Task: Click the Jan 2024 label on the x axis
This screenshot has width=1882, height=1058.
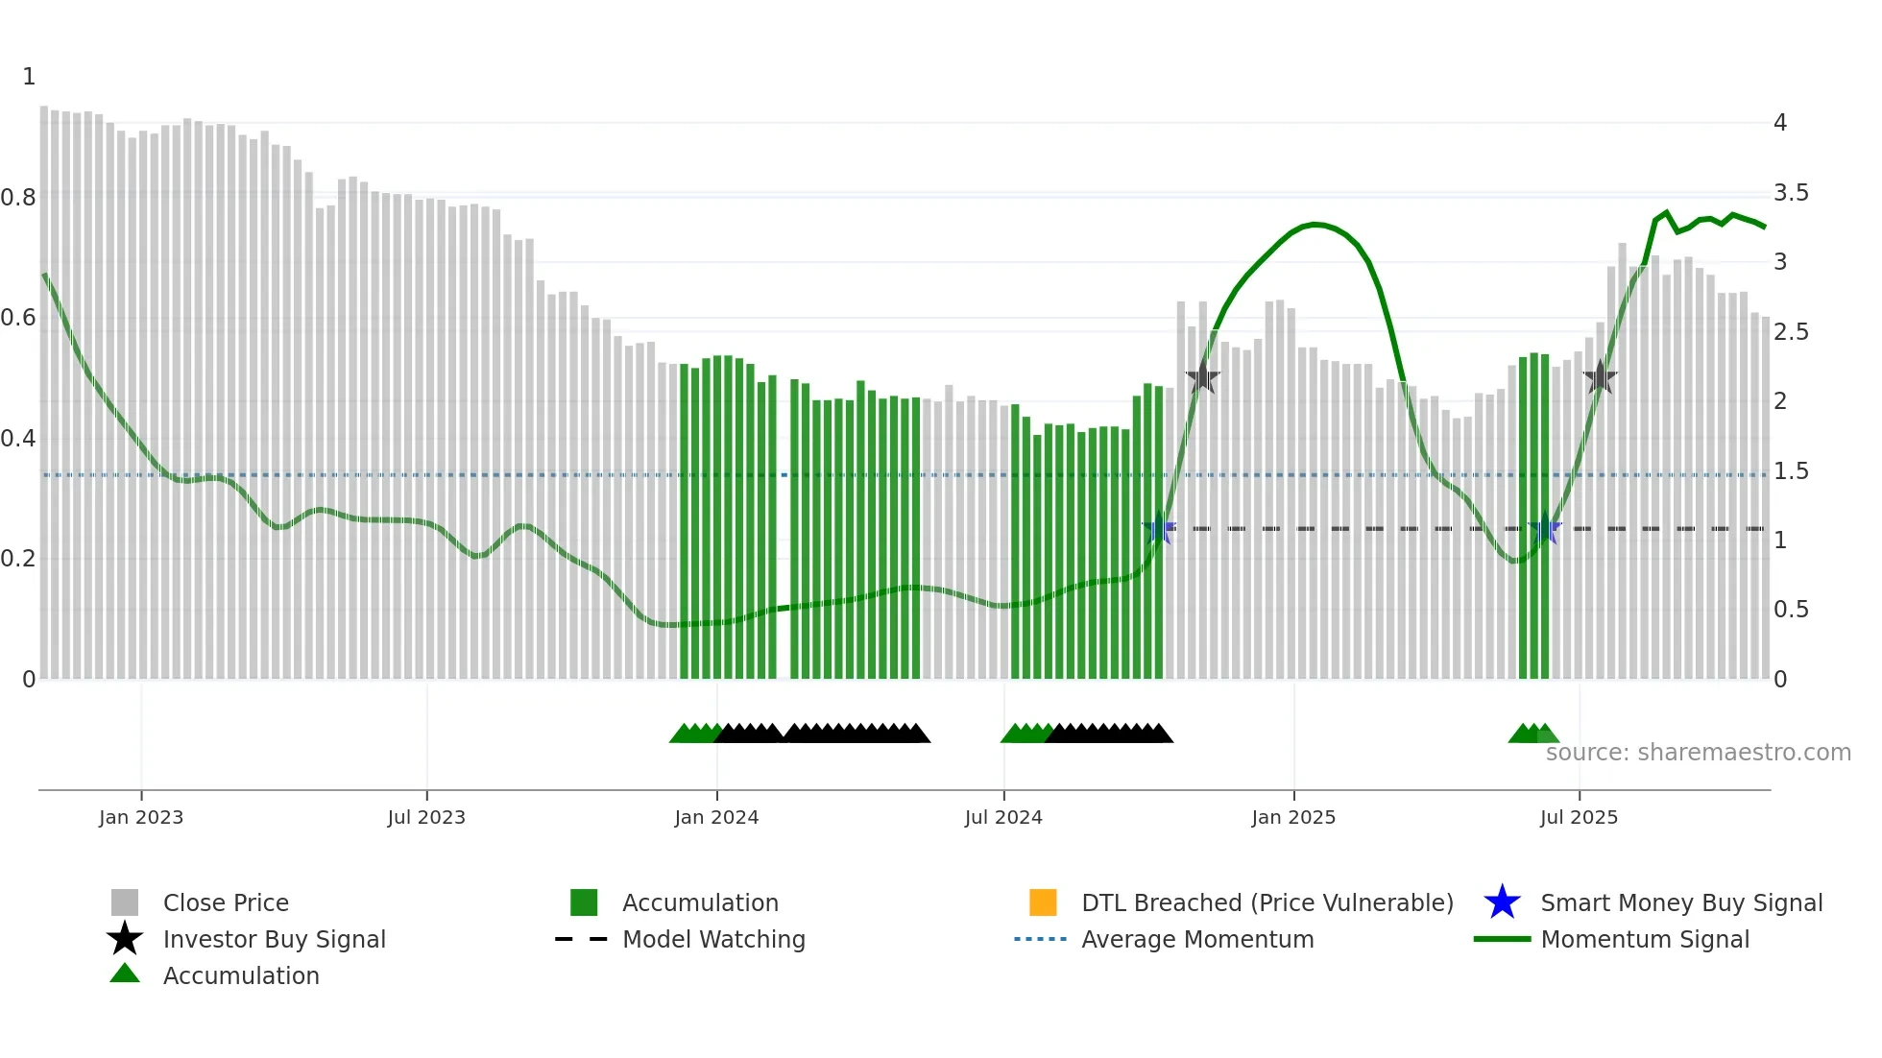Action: (716, 818)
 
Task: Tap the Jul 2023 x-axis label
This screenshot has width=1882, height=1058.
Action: (426, 818)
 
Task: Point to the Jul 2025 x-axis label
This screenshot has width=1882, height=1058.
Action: (1579, 818)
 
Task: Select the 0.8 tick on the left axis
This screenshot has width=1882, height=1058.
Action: (18, 198)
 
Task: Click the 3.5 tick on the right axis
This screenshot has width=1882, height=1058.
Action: (1791, 193)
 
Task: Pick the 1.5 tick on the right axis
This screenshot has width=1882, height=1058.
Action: (1791, 471)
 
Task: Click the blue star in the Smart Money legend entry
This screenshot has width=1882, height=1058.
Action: (1502, 902)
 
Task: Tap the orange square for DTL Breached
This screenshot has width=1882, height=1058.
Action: (1043, 902)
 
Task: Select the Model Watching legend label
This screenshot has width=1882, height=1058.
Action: (713, 940)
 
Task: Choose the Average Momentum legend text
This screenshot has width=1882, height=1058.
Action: (1197, 940)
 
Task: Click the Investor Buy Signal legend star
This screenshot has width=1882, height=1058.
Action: (125, 939)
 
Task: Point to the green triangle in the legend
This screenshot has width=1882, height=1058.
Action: (125, 974)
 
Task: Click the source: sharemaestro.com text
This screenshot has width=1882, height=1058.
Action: (1698, 753)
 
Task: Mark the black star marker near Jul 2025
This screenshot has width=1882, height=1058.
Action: (1600, 377)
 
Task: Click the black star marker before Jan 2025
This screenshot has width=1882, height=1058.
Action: (1202, 377)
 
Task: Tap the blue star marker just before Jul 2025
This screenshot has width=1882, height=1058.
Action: (1545, 529)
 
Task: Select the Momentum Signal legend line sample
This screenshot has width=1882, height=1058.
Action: (1502, 940)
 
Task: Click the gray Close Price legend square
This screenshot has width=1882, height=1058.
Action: (125, 902)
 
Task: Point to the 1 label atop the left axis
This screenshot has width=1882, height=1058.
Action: (29, 77)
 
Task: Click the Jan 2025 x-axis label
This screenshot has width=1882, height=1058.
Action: (1293, 818)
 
